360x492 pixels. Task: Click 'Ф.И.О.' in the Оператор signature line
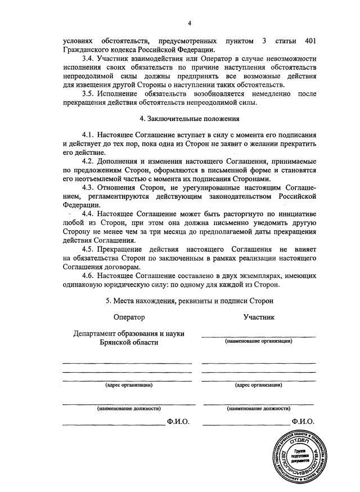click(178, 421)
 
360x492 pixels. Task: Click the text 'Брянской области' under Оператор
click(129, 342)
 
